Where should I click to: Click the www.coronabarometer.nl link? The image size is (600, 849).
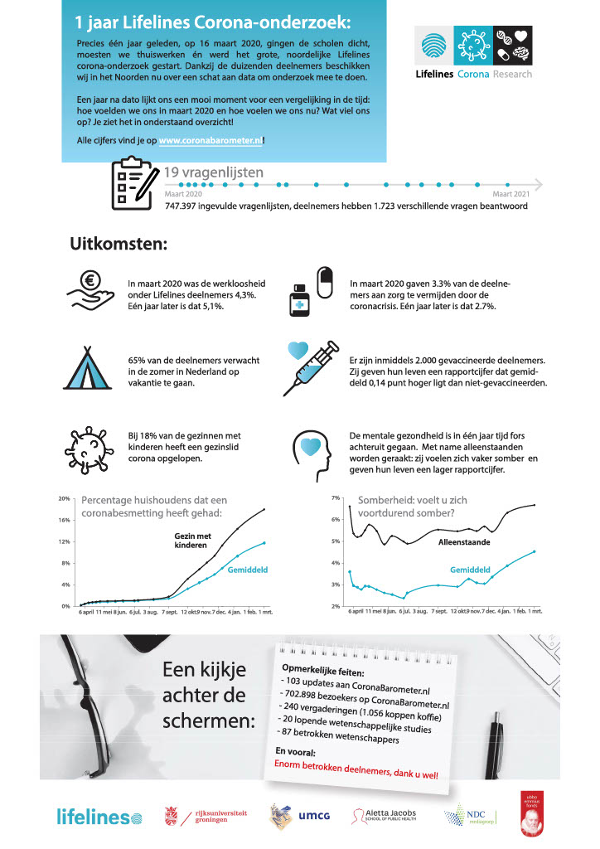pos(210,141)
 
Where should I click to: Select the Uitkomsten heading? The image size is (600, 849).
pos(119,245)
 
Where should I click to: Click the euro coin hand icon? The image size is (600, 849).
pos(91,291)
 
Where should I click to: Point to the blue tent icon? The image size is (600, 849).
pos(91,366)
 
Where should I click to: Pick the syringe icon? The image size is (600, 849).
pos(310,365)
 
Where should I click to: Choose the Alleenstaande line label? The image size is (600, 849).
pos(463,541)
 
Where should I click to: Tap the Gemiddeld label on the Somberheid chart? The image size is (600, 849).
pos(471,570)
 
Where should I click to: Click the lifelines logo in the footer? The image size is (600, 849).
pos(94,817)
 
